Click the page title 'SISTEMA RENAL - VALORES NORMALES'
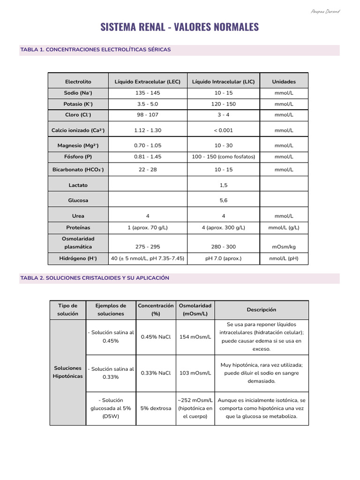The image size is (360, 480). (180, 27)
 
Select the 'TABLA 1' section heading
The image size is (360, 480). (96, 50)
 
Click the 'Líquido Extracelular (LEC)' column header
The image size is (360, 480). (148, 82)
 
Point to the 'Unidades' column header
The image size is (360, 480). (284, 82)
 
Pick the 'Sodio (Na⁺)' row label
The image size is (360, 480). (78, 93)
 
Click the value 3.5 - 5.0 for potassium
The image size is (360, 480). (148, 104)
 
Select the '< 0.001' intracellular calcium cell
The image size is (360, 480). (223, 130)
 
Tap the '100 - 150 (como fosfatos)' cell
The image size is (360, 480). (223, 157)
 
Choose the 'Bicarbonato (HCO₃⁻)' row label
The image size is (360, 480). (78, 170)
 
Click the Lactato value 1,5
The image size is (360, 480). (223, 185)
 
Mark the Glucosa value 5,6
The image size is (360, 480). (223, 200)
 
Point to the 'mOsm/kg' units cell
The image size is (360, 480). (284, 247)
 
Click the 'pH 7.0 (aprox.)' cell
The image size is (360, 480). (223, 258)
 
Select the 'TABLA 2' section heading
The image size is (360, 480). (95, 278)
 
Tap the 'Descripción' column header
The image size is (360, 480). (262, 310)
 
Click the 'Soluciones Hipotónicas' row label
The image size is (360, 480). (68, 372)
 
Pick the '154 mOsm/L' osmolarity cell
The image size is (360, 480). (195, 337)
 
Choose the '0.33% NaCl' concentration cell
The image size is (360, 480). (156, 373)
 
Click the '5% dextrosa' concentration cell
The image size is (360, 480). (156, 408)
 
